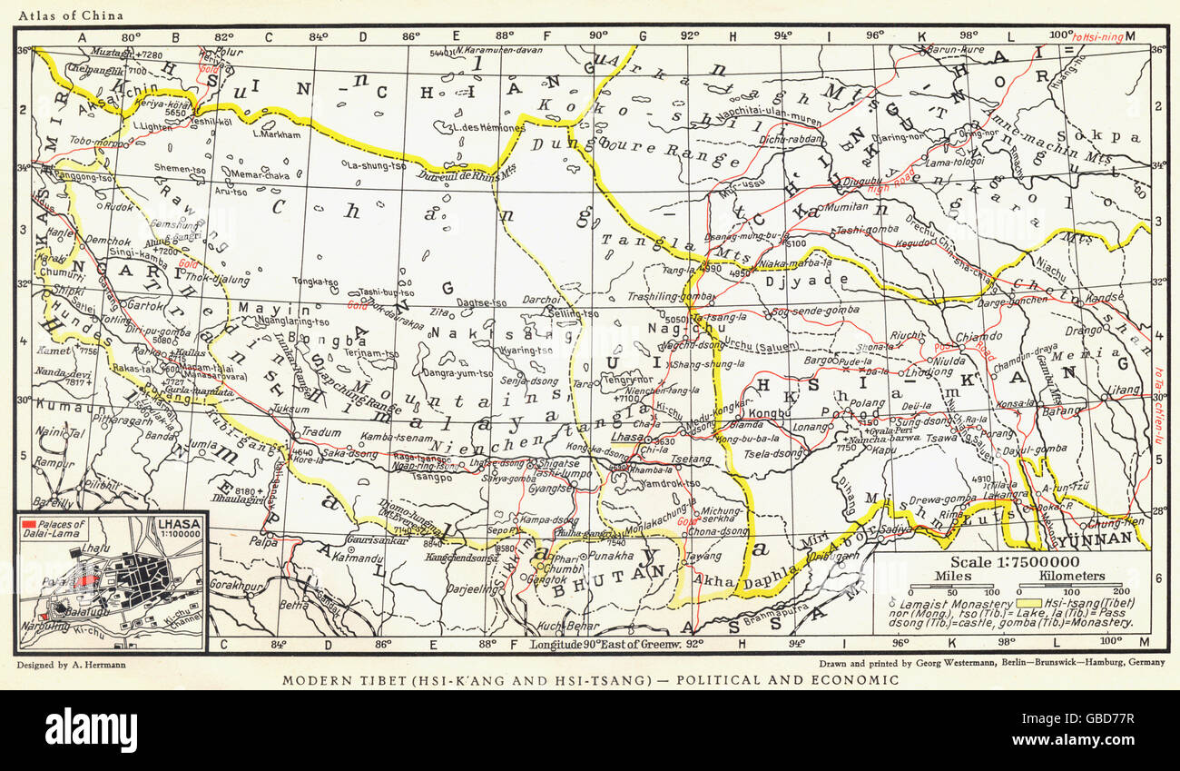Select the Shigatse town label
coord(558,461)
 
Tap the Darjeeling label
coord(470,588)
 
